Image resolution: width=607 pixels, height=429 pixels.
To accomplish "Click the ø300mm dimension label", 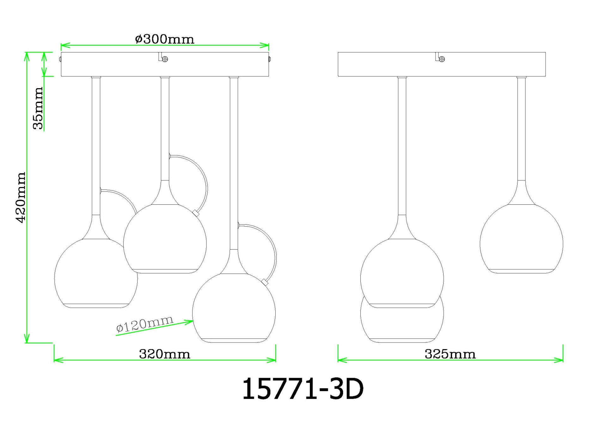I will tap(164, 39).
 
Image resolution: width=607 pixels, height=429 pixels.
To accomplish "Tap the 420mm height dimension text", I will tap(21, 197).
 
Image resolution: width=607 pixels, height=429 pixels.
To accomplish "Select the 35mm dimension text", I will tap(38, 108).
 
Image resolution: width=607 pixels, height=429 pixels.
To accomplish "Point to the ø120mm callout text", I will tap(145, 323).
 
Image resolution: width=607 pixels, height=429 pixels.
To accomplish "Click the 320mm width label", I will tap(164, 354).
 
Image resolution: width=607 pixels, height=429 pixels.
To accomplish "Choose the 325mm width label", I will tap(450, 354).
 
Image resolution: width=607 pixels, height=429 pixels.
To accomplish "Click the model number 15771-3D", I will tap(303, 390).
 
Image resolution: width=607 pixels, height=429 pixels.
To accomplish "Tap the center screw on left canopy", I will tap(165, 59).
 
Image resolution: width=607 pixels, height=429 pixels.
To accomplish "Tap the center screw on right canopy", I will tap(442, 59).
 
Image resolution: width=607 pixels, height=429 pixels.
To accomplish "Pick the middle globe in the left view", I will tap(165, 240).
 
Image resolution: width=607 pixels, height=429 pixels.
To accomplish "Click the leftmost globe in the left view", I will tap(92, 278).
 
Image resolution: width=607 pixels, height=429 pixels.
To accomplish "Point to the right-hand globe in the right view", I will tap(521, 240).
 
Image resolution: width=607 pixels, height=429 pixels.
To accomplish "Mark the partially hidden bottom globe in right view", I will tap(402, 325).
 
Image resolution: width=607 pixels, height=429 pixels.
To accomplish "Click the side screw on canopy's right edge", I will tap(270, 59).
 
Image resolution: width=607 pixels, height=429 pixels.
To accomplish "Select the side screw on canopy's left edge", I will tap(60, 59).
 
